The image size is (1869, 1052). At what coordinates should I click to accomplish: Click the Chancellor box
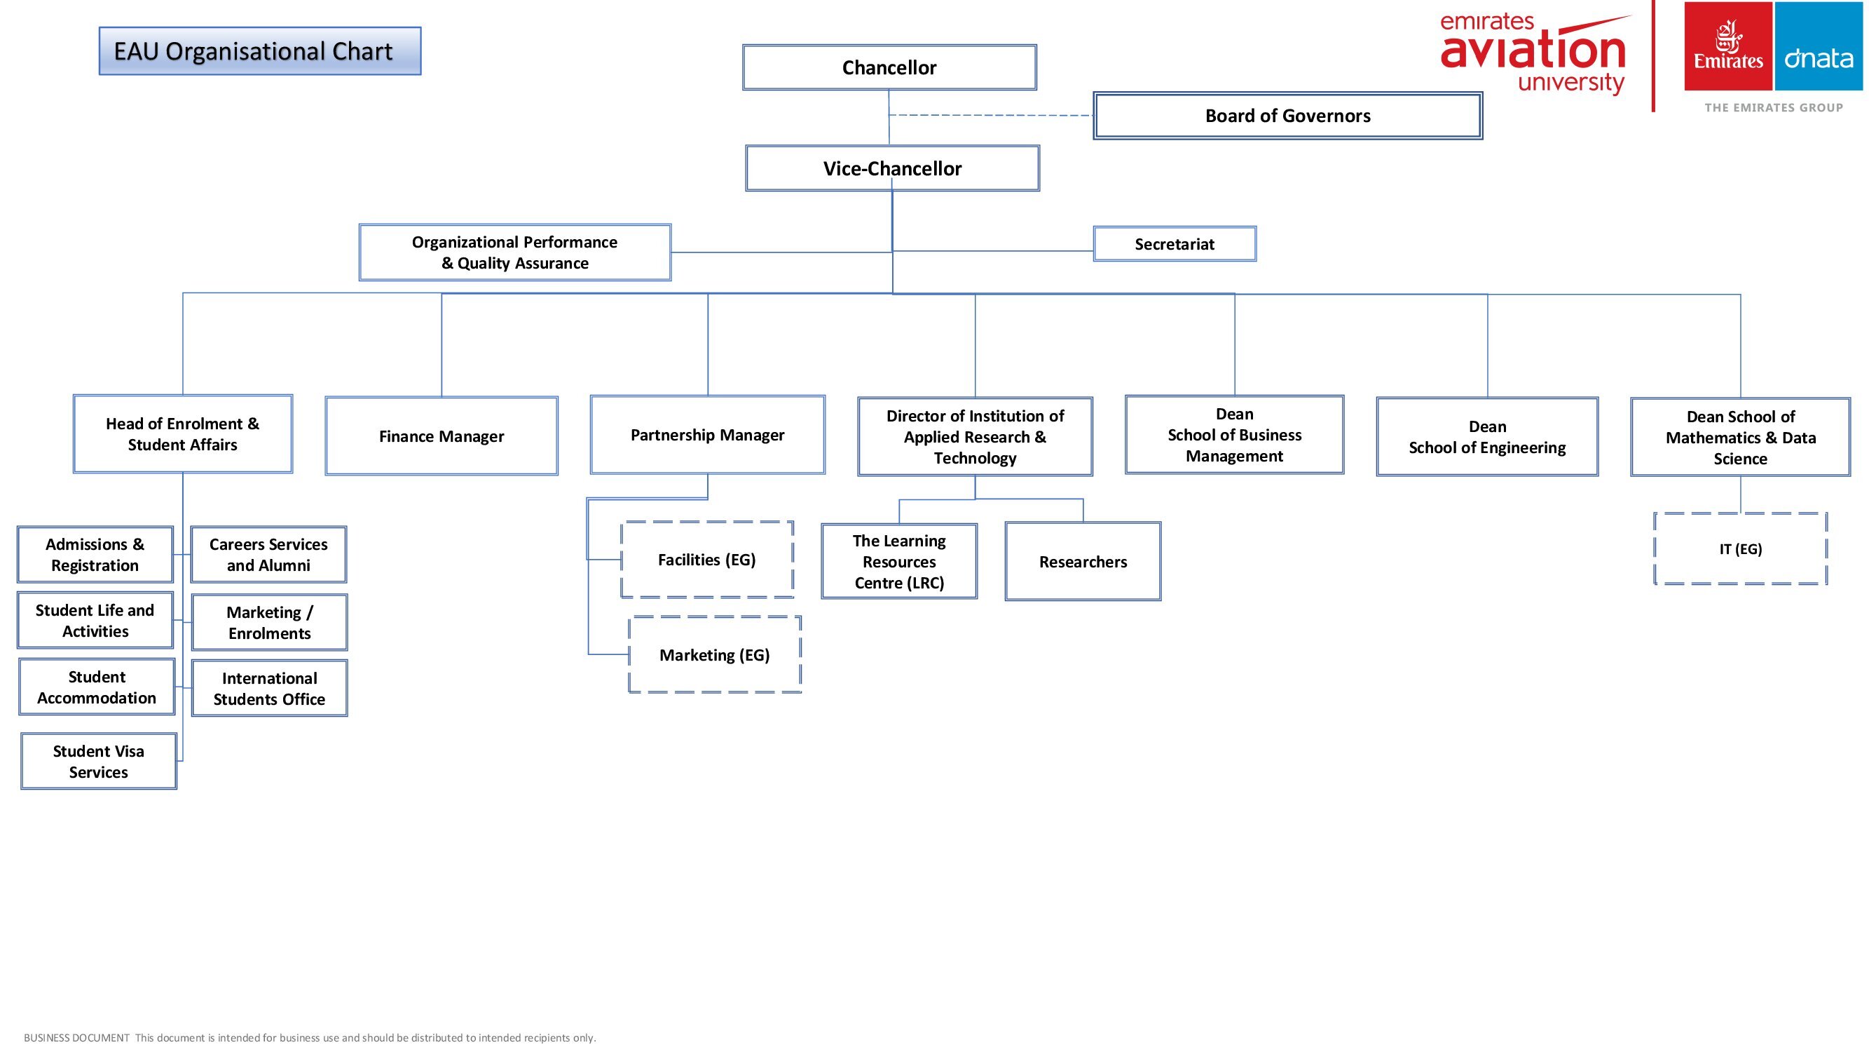[x=889, y=67]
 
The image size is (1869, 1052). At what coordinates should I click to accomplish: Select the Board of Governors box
[x=1287, y=116]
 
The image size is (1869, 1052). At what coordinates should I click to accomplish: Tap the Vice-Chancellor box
[x=891, y=168]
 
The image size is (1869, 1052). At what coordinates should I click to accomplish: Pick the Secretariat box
[x=1174, y=244]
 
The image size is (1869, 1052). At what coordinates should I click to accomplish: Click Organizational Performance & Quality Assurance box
[x=514, y=252]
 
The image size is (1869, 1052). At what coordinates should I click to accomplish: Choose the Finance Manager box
[x=441, y=436]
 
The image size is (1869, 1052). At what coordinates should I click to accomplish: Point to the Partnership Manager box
[x=707, y=435]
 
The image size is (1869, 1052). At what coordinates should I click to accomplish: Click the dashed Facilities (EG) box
[x=706, y=560]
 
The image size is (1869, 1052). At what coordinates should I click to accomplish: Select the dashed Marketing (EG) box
[x=715, y=655]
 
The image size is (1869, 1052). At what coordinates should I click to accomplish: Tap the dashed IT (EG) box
[x=1740, y=549]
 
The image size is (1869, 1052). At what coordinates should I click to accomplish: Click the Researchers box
[x=1083, y=561]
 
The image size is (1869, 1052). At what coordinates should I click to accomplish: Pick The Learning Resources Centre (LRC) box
[x=899, y=561]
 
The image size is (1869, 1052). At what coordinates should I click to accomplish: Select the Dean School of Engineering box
[x=1486, y=436]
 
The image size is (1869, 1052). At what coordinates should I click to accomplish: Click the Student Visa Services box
[x=99, y=761]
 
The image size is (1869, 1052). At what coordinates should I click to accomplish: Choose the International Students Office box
[x=269, y=688]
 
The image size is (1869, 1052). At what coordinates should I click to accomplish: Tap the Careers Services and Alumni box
[x=268, y=555]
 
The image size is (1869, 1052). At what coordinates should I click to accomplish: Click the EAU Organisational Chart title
[x=260, y=51]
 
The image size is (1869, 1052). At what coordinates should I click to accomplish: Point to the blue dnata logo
[x=1819, y=46]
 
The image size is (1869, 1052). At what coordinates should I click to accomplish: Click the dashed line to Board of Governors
[x=991, y=116]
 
